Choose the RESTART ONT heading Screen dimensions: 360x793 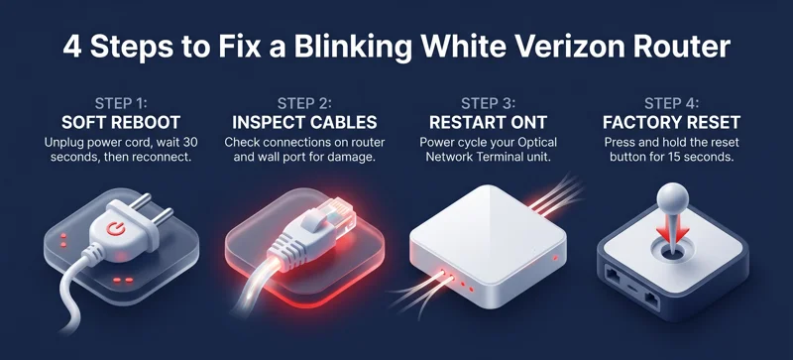pos(490,123)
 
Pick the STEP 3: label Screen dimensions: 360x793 pos(490,102)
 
